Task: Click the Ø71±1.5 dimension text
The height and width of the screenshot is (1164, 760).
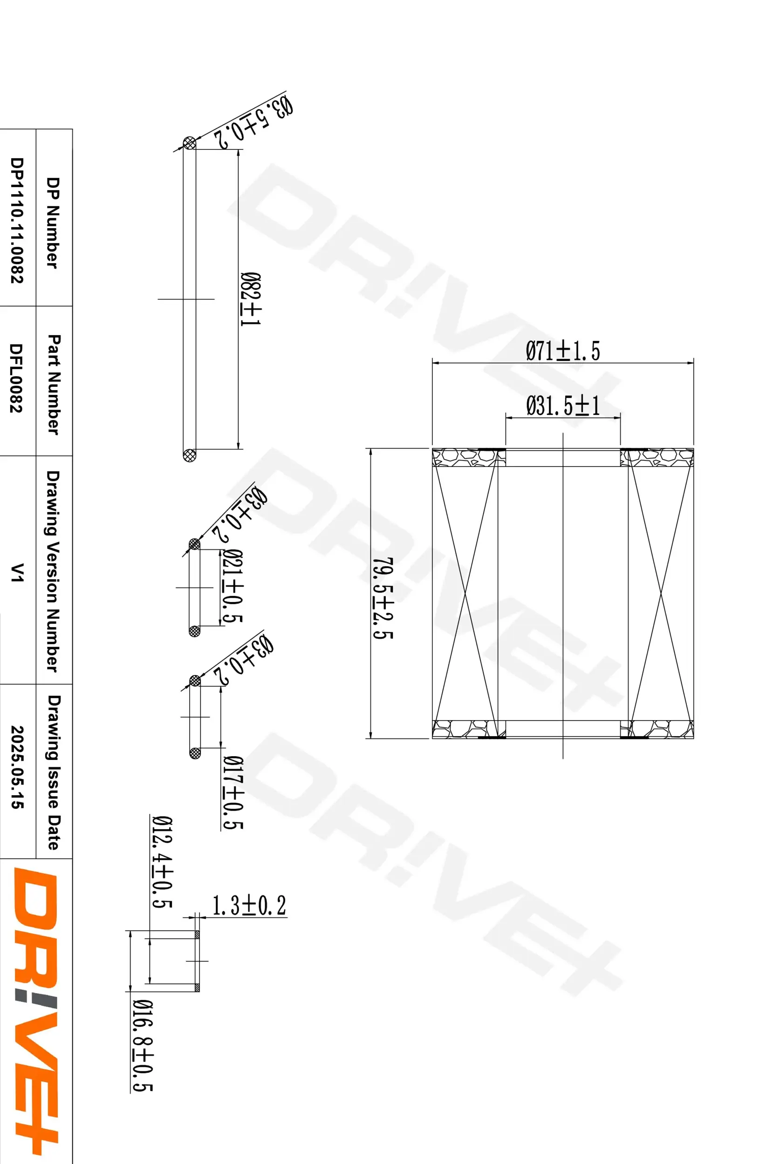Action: pyautogui.click(x=562, y=352)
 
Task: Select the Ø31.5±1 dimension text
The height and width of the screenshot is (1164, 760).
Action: pyautogui.click(x=562, y=406)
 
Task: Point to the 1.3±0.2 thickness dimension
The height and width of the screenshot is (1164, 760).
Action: pyautogui.click(x=249, y=905)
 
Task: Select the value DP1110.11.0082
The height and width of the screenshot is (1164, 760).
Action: pyautogui.click(x=17, y=220)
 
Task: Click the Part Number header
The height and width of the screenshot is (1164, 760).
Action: pyautogui.click(x=54, y=384)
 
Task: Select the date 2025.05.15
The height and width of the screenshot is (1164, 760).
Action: pyautogui.click(x=17, y=767)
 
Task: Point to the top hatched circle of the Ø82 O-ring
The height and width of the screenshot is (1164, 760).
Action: pyautogui.click(x=189, y=143)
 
